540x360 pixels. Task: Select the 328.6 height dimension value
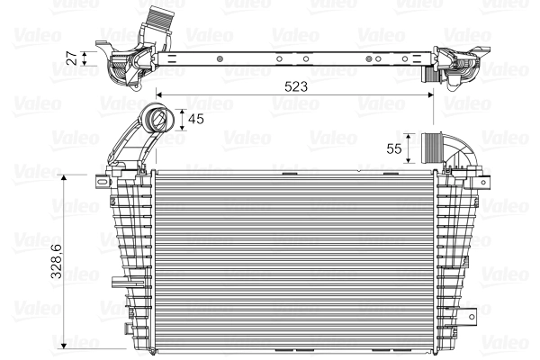(x=56, y=260)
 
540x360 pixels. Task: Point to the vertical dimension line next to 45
(x=184, y=120)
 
